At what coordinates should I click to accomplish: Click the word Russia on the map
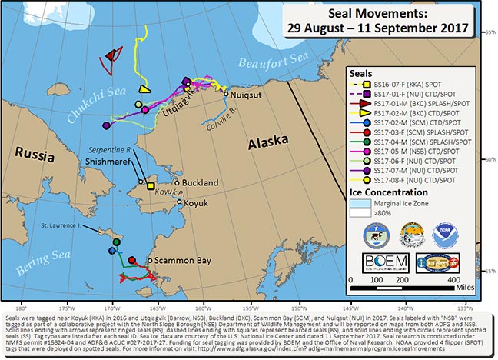[32, 153]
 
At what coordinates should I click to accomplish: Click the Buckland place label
[201, 182]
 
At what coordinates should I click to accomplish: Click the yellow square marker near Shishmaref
[151, 186]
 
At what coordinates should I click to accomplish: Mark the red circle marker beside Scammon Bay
[131, 260]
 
